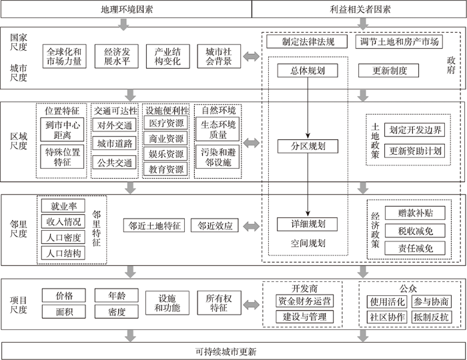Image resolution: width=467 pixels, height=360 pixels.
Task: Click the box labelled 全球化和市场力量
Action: (64, 57)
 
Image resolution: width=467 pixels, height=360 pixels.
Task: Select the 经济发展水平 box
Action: (117, 57)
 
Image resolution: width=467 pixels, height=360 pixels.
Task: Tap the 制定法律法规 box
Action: (307, 41)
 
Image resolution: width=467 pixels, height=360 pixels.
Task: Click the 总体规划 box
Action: (308, 71)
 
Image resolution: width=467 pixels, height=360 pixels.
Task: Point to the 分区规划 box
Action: (308, 146)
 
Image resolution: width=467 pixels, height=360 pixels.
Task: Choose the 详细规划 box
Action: (308, 224)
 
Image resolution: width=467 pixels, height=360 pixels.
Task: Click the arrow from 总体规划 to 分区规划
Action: (308, 108)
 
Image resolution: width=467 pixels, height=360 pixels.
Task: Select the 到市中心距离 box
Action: (62, 129)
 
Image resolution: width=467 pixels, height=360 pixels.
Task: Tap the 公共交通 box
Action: (114, 163)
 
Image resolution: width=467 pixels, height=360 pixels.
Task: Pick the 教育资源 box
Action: (166, 169)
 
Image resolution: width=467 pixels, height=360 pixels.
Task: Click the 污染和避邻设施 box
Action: (217, 157)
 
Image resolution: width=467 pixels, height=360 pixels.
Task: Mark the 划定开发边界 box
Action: (414, 130)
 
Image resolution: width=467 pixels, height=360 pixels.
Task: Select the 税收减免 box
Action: (415, 231)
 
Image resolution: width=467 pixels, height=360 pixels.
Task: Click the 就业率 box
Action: (63, 205)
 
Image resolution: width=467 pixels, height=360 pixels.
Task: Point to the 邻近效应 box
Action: (215, 225)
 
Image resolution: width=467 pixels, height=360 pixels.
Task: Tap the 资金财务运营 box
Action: (304, 301)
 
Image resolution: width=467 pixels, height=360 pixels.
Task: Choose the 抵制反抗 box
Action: (431, 317)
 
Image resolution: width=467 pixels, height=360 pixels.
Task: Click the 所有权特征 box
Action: (219, 303)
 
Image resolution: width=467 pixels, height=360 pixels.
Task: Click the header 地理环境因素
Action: (127, 9)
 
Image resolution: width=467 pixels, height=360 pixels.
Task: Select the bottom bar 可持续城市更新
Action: (233, 351)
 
